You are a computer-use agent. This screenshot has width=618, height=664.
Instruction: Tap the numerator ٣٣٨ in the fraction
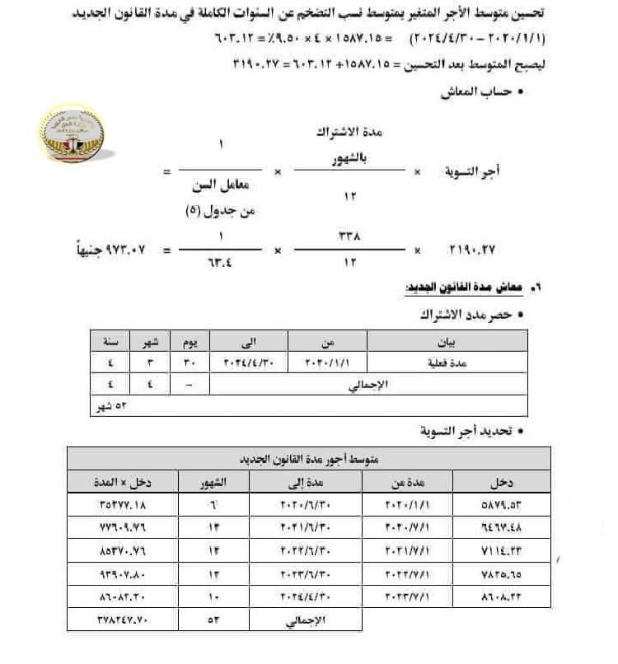(350, 235)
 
